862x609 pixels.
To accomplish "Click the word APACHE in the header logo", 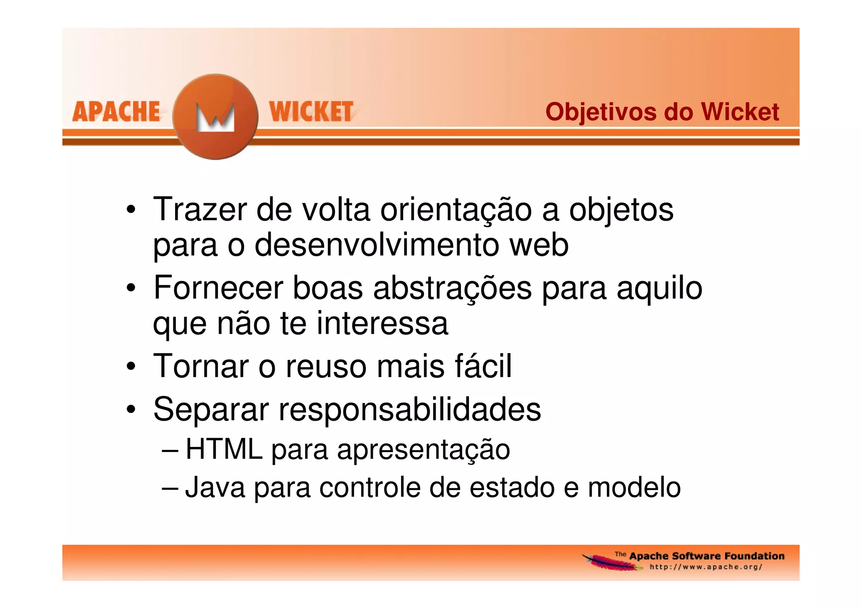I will pos(116,112).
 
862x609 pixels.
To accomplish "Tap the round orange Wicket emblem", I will pos(215,117).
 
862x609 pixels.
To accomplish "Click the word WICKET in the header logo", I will pos(311,112).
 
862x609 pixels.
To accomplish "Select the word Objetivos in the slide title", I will pos(599,112).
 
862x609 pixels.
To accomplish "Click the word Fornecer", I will pos(218,288).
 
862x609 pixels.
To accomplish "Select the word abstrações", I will pos(452,288).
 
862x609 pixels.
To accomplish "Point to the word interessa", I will pos(382,323).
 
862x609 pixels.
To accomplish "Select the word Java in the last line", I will pos(215,487).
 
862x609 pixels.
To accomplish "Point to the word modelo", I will pos(634,487).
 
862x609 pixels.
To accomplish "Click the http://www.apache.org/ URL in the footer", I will pos(706,567).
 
